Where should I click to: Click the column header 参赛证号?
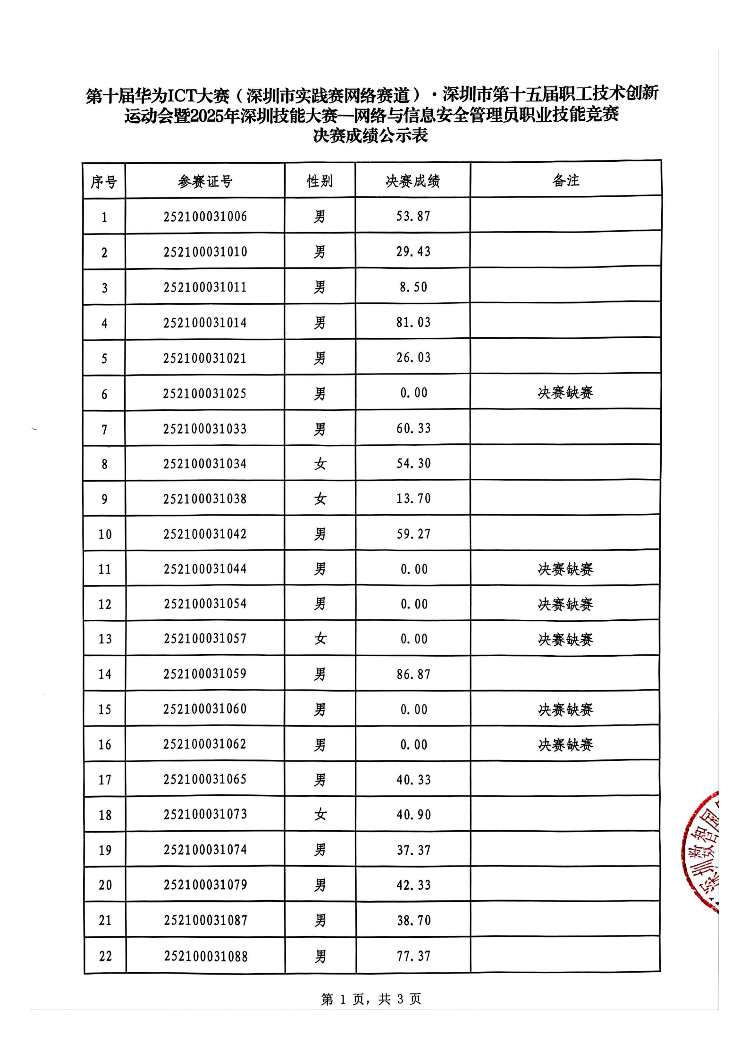(x=205, y=181)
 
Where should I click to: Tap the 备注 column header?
(x=565, y=180)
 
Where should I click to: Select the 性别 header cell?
(x=320, y=181)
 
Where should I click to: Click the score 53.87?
(x=413, y=216)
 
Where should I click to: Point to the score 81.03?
(x=413, y=322)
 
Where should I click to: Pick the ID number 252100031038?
(x=205, y=499)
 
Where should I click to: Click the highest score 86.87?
(x=413, y=674)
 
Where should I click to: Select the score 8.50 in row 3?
(x=413, y=287)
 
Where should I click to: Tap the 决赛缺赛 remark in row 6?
(x=565, y=392)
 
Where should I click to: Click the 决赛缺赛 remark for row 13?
(x=565, y=639)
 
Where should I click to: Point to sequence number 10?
(x=105, y=534)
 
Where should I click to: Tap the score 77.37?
(x=413, y=956)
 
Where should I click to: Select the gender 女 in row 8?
(x=320, y=464)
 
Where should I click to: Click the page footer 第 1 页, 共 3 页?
(x=370, y=999)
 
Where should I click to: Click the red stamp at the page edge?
(x=703, y=854)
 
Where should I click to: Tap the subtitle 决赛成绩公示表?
(x=370, y=136)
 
